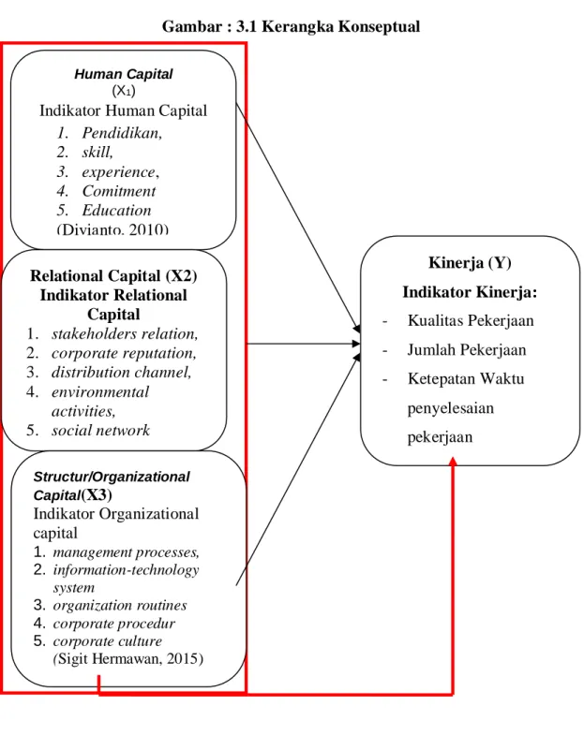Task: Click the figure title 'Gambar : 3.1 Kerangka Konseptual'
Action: (x=291, y=26)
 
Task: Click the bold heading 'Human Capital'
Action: (x=124, y=74)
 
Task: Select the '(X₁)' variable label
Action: (x=124, y=91)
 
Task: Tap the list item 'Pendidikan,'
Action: (x=122, y=133)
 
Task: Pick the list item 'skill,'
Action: (x=97, y=152)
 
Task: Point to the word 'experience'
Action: (x=119, y=171)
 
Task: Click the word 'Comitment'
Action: (x=119, y=191)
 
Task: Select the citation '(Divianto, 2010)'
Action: (x=112, y=229)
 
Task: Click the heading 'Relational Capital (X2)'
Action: (x=113, y=276)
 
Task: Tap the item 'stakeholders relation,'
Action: (x=125, y=334)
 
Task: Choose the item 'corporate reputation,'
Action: (x=124, y=353)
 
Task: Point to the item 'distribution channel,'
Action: (x=122, y=372)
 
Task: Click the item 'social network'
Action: (x=100, y=431)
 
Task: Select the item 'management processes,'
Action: (x=127, y=552)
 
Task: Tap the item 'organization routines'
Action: (x=120, y=606)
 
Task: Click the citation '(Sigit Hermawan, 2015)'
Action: (x=128, y=659)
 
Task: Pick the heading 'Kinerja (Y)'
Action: (x=470, y=262)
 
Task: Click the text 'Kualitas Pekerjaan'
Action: (x=471, y=320)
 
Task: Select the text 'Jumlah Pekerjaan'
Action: (x=467, y=349)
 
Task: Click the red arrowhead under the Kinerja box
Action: (x=453, y=461)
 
